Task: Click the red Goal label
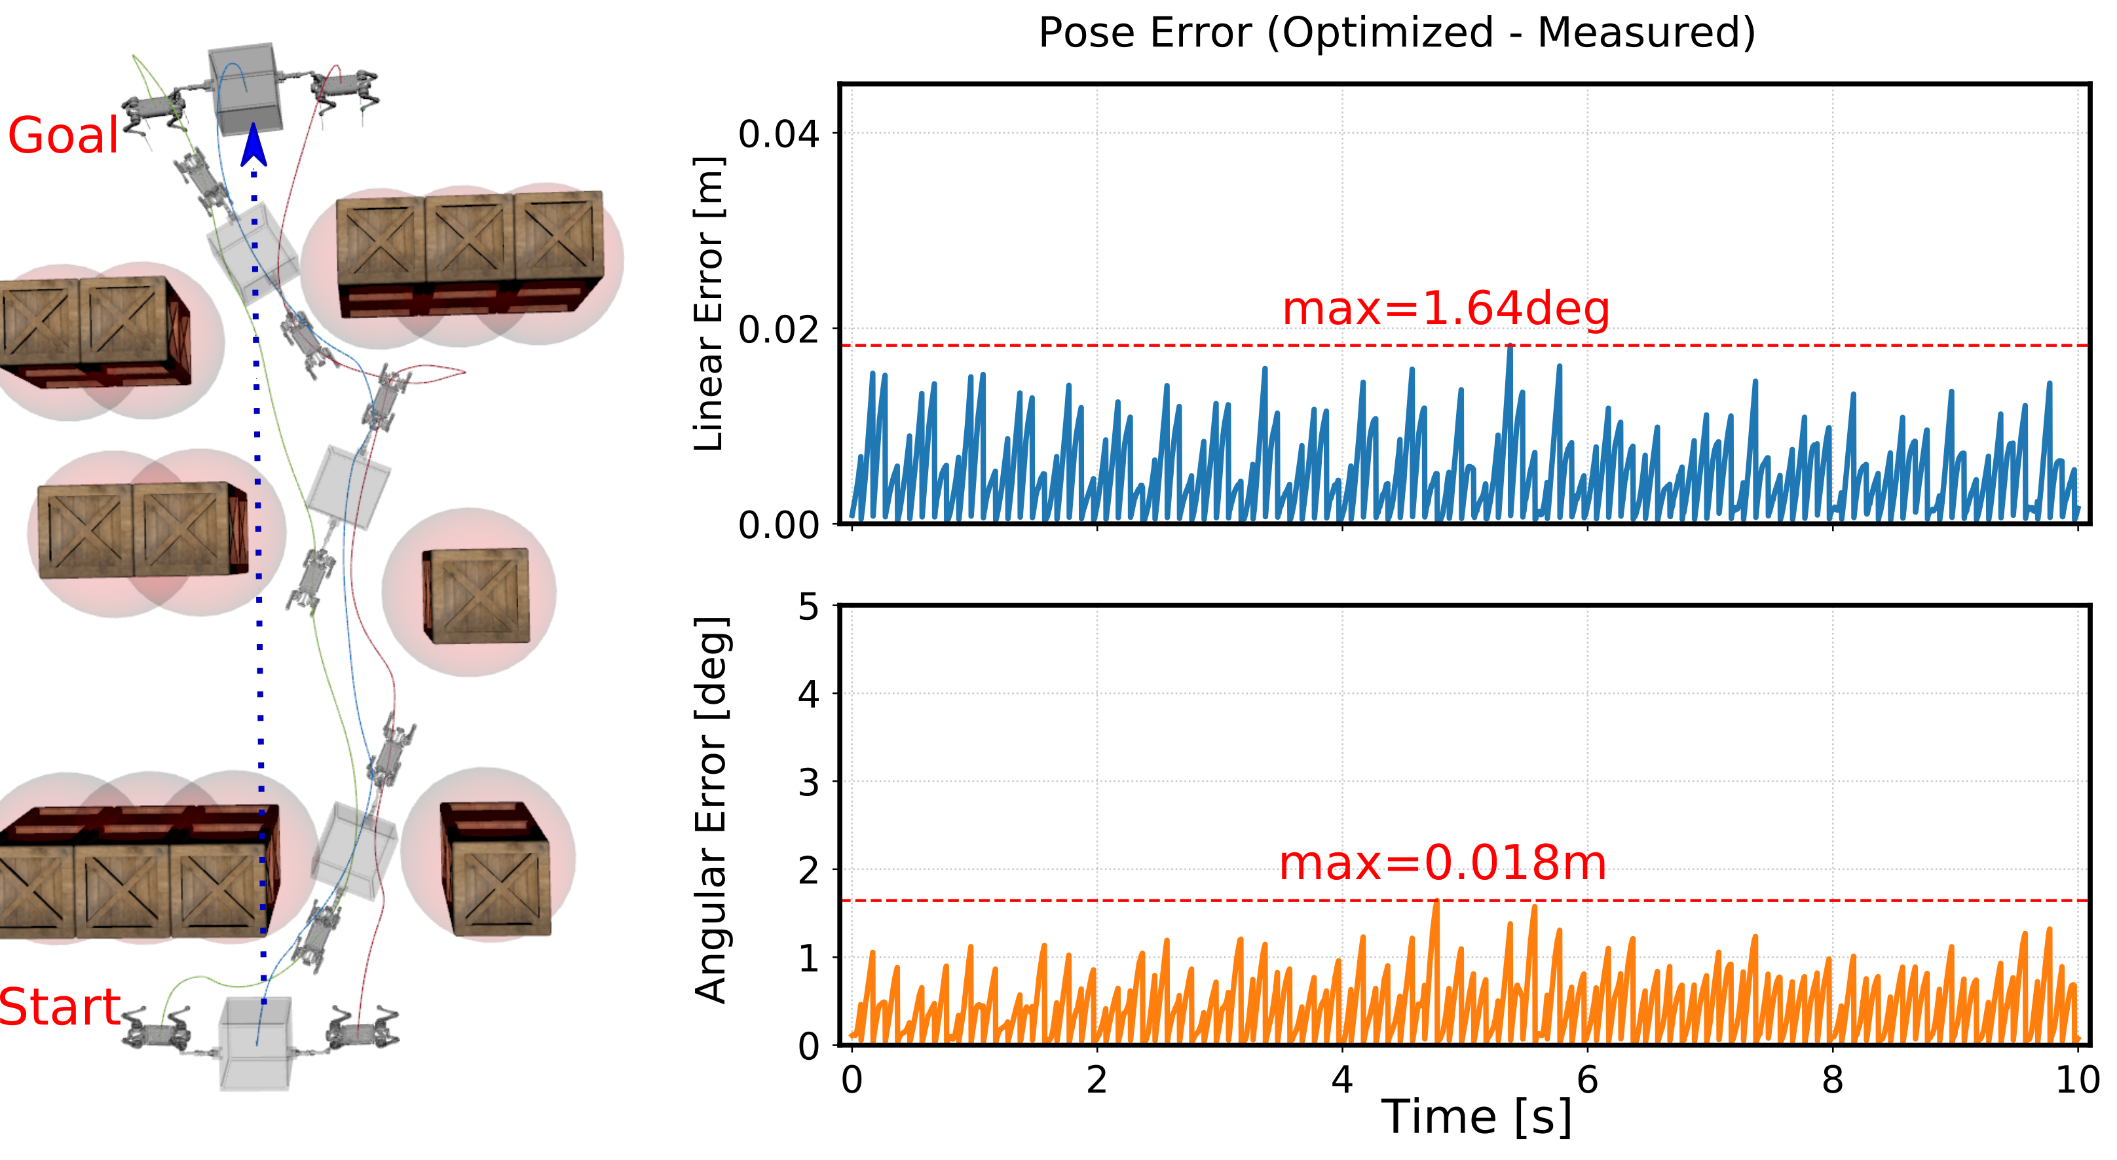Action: pos(64,136)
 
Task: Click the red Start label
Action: pos(60,1007)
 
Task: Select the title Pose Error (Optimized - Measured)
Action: pos(1397,33)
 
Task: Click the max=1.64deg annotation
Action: pos(1446,309)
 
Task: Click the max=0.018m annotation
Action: pos(1442,863)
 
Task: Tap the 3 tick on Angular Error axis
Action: pos(809,783)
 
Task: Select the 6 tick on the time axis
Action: pos(1587,1079)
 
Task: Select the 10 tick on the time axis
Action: pos(2077,1079)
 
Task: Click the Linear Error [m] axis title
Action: pos(709,304)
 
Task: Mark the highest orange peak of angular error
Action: pos(1436,903)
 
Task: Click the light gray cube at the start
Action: pos(255,1042)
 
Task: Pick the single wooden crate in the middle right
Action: pos(477,596)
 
